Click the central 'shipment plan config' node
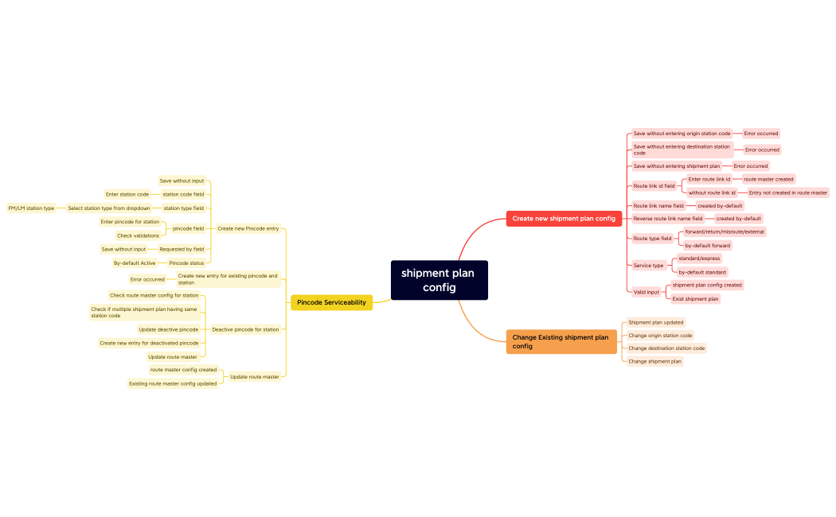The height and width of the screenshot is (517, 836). click(439, 280)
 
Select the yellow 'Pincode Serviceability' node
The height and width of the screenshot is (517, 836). click(331, 302)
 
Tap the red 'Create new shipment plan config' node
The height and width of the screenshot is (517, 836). click(564, 218)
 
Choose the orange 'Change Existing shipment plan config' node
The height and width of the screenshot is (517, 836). click(561, 341)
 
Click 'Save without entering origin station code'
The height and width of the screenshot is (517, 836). click(682, 134)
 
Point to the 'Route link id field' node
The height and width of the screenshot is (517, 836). click(654, 186)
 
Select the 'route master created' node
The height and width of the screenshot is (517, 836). click(768, 179)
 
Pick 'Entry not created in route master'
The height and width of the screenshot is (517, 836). click(787, 192)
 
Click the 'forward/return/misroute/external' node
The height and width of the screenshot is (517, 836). click(724, 231)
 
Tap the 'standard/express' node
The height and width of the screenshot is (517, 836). click(698, 258)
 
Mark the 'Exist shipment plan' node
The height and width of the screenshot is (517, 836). click(695, 299)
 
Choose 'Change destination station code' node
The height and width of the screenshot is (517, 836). click(666, 348)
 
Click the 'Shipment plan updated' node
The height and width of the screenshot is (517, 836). click(655, 322)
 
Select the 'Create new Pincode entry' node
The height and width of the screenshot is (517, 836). click(248, 228)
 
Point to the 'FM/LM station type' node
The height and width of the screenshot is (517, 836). click(32, 208)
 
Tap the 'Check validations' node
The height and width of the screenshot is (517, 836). click(138, 235)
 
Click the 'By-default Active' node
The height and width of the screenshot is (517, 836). click(135, 263)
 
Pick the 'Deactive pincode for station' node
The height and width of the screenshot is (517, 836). click(245, 329)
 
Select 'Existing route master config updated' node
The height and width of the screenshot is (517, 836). click(173, 383)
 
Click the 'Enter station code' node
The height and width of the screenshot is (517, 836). click(127, 194)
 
